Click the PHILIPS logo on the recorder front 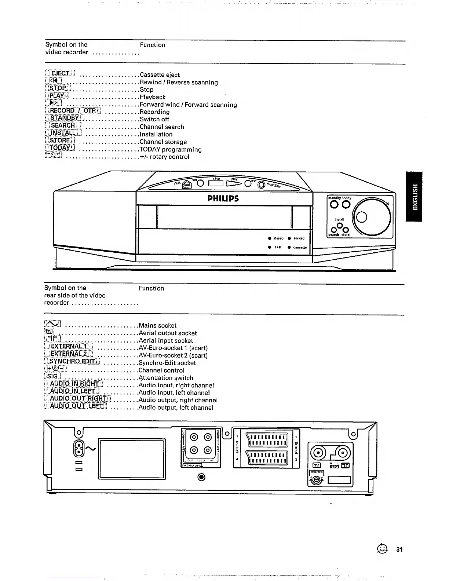coord(223,199)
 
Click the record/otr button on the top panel coord(261,185)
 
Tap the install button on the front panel coord(340,225)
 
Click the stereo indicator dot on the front coord(270,238)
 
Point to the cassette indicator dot coord(289,247)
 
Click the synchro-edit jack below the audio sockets coord(201,477)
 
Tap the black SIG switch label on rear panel coord(334,466)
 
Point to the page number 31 coord(399,549)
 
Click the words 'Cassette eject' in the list coord(160,75)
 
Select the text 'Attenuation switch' coord(166,378)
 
